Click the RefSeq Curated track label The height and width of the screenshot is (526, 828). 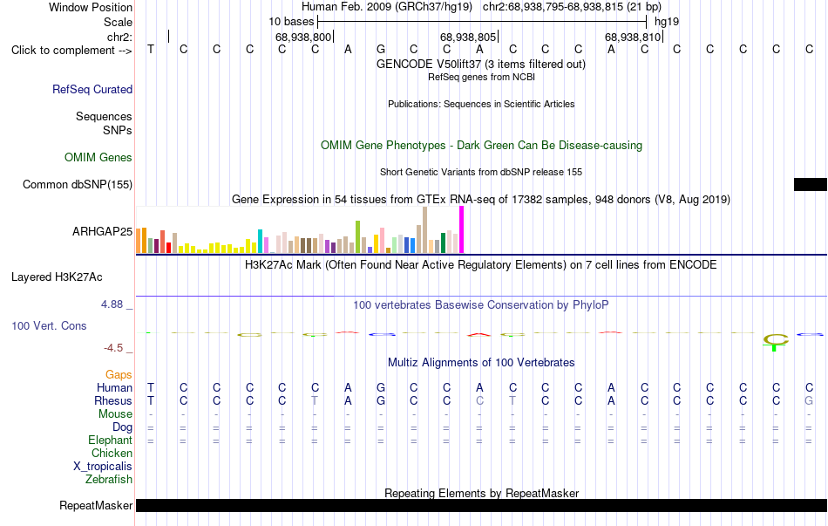point(92,89)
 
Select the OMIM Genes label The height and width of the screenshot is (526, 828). point(98,158)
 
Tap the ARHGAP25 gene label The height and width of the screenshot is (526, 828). point(103,231)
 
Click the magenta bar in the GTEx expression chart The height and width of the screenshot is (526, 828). point(462,229)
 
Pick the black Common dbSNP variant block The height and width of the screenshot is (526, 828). point(811,184)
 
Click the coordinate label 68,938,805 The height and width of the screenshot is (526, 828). point(468,37)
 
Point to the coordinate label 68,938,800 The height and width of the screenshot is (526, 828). point(303,37)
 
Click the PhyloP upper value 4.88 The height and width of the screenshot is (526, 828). point(112,304)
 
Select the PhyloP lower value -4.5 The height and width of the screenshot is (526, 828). point(113,348)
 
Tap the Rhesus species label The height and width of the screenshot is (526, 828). point(113,400)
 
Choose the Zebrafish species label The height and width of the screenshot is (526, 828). point(109,480)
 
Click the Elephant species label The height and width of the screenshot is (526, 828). point(111,441)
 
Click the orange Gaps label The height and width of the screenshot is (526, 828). point(119,375)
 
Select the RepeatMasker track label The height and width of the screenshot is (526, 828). point(96,506)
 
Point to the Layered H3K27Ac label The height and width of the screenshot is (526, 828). point(57,277)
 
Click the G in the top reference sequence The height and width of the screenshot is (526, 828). point(381,49)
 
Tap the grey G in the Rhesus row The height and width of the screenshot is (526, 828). point(809,400)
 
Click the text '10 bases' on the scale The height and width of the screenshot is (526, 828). point(291,22)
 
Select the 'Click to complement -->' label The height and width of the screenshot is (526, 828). point(71,51)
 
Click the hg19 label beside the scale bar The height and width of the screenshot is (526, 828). point(667,22)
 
